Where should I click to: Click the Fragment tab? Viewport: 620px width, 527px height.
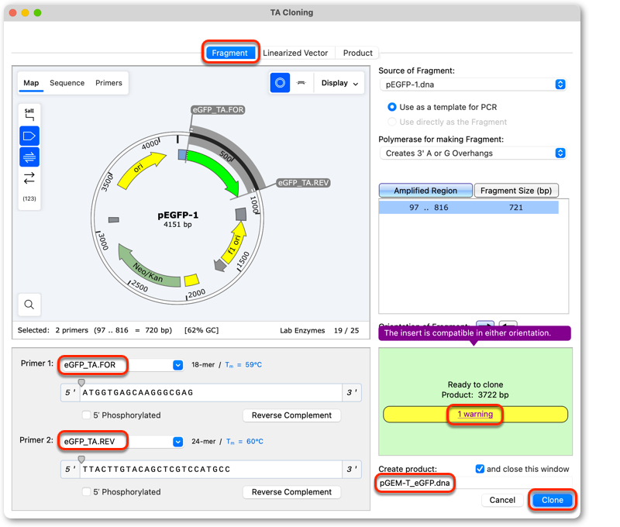[229, 53]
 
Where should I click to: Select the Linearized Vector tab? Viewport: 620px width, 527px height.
[295, 53]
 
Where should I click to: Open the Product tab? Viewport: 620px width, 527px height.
[357, 53]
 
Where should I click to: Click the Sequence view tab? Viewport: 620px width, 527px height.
[67, 83]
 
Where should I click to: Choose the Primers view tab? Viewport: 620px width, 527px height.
[108, 83]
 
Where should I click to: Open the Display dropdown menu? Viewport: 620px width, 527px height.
[339, 83]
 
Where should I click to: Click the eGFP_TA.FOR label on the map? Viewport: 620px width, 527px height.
[219, 109]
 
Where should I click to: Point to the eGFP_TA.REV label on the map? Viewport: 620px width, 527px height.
[303, 183]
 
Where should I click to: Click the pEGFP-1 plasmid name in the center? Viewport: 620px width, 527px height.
[178, 215]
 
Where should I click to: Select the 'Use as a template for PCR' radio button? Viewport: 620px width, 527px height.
[392, 107]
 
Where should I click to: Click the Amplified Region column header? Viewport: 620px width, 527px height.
[425, 191]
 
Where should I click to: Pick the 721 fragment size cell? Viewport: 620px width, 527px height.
[515, 207]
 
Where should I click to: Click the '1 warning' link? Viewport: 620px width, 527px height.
[475, 414]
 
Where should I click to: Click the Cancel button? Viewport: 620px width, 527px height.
[502, 500]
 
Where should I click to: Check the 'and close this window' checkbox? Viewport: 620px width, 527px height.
[480, 469]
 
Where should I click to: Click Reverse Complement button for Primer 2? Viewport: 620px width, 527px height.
[291, 492]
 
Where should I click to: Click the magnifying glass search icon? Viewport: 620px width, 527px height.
[29, 305]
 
